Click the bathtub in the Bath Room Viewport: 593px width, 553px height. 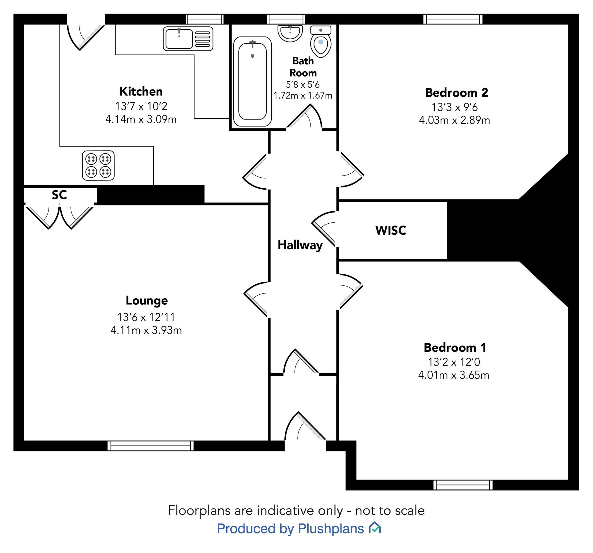pyautogui.click(x=252, y=81)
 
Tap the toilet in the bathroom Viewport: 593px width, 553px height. pyautogui.click(x=321, y=42)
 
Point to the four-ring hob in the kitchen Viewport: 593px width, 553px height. pyautogui.click(x=98, y=165)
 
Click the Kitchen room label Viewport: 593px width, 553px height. pyautogui.click(x=141, y=92)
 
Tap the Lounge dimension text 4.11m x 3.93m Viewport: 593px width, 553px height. pyautogui.click(x=146, y=330)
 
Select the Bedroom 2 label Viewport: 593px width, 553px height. pyautogui.click(x=456, y=93)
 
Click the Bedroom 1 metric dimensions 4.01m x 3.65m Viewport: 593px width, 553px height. pyautogui.click(x=454, y=375)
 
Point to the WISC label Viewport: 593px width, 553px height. pyautogui.click(x=391, y=230)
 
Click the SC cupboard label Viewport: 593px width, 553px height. pyautogui.click(x=59, y=195)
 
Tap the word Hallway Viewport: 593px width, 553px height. pyautogui.click(x=300, y=245)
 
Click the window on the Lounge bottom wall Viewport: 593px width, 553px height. pyautogui.click(x=150, y=446)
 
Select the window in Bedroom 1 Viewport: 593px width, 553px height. pyautogui.click(x=463, y=485)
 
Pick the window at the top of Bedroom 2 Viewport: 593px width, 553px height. pyautogui.click(x=453, y=19)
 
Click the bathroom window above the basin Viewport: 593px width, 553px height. pyautogui.click(x=286, y=19)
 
